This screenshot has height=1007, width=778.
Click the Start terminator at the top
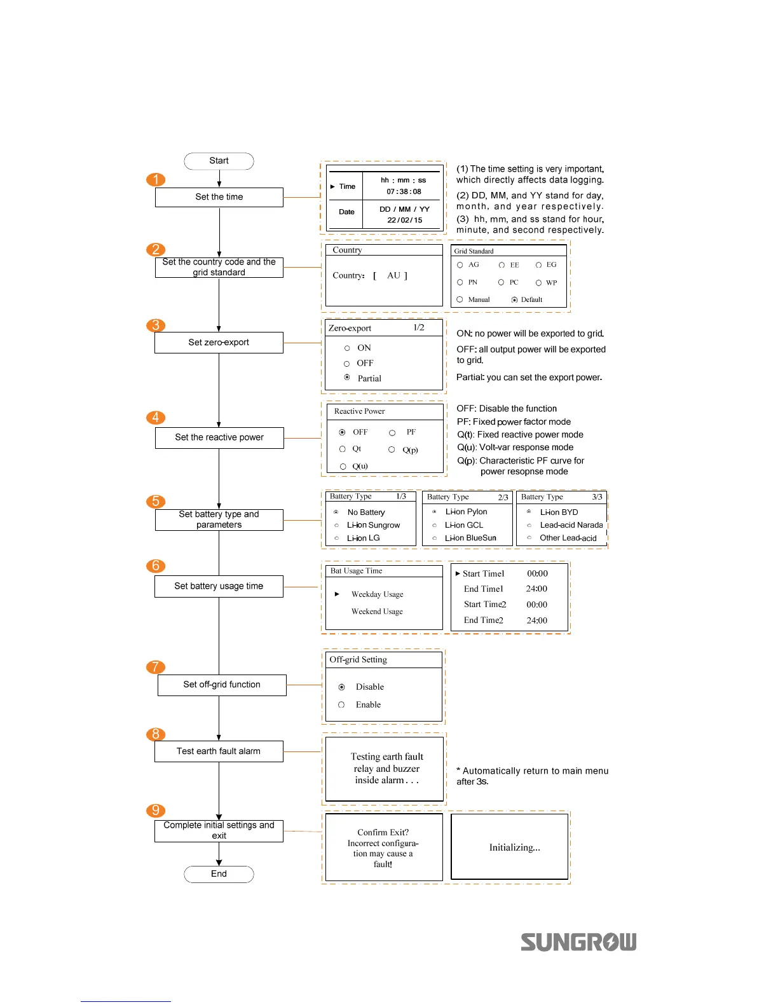click(x=219, y=161)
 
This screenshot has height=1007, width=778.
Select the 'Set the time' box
click(x=219, y=197)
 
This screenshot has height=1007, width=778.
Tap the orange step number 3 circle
click(x=156, y=325)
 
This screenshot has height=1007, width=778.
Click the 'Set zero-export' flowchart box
click(x=219, y=342)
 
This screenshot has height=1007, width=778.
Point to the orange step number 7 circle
click(x=156, y=667)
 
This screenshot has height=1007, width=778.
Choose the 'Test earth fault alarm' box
click(x=219, y=751)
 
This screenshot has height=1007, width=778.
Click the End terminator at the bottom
click(x=219, y=874)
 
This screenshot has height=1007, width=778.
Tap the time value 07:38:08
click(x=404, y=191)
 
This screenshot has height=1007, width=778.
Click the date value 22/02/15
click(x=404, y=220)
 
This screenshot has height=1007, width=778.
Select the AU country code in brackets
click(x=393, y=275)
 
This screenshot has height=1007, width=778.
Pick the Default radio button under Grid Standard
click(x=514, y=299)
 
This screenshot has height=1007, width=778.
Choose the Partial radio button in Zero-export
click(x=347, y=378)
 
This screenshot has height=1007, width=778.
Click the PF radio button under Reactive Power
click(x=392, y=432)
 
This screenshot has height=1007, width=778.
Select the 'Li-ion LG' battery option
click(x=336, y=538)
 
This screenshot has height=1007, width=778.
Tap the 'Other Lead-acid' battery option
click(x=529, y=538)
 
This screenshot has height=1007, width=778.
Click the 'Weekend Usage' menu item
click(x=377, y=612)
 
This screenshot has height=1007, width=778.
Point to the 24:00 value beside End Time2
click(x=536, y=620)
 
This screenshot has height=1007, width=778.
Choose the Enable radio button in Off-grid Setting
click(x=341, y=704)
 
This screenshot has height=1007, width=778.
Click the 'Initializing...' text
click(x=514, y=847)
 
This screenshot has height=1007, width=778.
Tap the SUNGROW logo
click(x=578, y=942)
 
